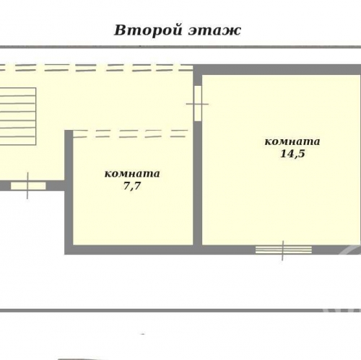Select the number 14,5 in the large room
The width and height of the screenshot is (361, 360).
[x=292, y=154]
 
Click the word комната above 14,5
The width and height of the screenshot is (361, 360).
[x=292, y=142]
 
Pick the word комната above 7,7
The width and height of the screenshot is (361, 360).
[x=132, y=174]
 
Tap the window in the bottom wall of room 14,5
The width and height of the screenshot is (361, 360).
[x=284, y=250]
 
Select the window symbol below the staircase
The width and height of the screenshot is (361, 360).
[x=28, y=185]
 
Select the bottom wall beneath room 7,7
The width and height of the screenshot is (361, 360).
[x=130, y=250]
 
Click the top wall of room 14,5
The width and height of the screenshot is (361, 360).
[x=278, y=70]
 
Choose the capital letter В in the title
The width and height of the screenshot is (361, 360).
[x=119, y=30]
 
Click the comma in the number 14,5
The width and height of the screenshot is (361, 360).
[x=291, y=157]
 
